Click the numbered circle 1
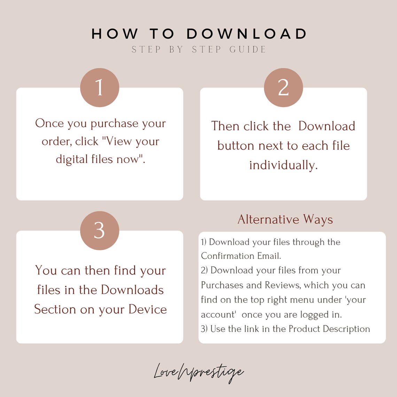pyautogui.click(x=100, y=87)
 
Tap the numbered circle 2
pyautogui.click(x=283, y=87)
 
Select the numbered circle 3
pyautogui.click(x=100, y=231)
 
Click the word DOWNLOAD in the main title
pyautogui.click(x=247, y=34)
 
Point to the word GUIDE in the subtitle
pyautogui.click(x=248, y=49)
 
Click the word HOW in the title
pyautogui.click(x=115, y=34)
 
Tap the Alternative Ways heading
pyautogui.click(x=285, y=219)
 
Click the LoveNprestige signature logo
pyautogui.click(x=198, y=373)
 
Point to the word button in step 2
pyautogui.click(x=236, y=146)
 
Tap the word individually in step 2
pyautogui.click(x=283, y=165)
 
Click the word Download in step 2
pyautogui.click(x=327, y=126)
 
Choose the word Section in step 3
pyautogui.click(x=55, y=309)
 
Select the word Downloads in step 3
pyautogui.click(x=132, y=290)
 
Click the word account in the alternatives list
pyautogui.click(x=218, y=314)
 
